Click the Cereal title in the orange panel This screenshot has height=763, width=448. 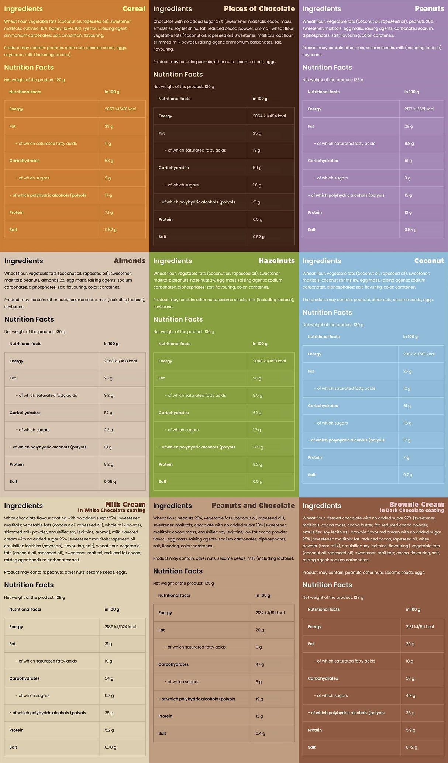coord(134,8)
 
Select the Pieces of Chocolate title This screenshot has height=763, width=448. coord(259,8)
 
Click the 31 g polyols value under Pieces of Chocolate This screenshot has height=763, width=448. coord(256,202)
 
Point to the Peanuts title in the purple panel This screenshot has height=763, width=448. coord(429,8)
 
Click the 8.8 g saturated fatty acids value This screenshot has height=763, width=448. coord(409,144)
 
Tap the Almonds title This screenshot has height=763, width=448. coord(129,261)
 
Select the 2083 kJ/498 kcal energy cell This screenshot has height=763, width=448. coord(120,361)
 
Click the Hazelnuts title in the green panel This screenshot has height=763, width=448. coord(276,261)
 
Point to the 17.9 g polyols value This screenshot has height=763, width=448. coord(258,447)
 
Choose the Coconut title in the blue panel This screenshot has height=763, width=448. coord(429,261)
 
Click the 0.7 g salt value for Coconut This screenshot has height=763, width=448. coord(407,475)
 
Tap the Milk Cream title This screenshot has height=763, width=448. coord(125,505)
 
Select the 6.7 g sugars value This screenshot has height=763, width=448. coord(109,695)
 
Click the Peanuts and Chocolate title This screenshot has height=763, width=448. coord(253,506)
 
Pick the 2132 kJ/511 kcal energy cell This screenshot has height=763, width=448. coord(270,612)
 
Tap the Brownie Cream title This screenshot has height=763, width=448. coord(416,505)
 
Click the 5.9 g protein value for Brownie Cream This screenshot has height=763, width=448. coord(410,730)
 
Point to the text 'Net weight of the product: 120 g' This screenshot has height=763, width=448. coord(35,80)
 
